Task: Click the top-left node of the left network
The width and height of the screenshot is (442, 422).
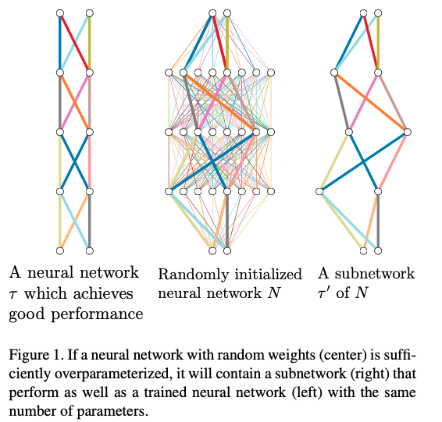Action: click(60, 14)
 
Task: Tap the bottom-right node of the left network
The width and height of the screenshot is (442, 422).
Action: click(90, 250)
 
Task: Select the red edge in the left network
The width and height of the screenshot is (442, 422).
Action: click(75, 44)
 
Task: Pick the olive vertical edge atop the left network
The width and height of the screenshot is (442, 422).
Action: click(90, 44)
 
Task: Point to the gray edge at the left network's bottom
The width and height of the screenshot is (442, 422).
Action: click(90, 221)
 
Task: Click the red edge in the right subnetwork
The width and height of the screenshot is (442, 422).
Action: click(370, 44)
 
